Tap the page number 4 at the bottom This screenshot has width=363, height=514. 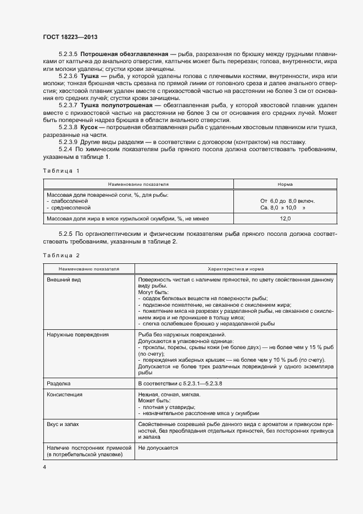click(44, 467)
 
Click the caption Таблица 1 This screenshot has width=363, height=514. click(61, 170)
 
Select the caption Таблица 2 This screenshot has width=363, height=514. click(61, 256)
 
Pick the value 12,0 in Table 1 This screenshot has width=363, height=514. click(285, 218)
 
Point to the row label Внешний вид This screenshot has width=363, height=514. click(63, 280)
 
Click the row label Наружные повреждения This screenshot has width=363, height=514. click(77, 334)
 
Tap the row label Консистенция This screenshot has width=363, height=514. click(65, 395)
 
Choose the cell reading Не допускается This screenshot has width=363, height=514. click(158, 449)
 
